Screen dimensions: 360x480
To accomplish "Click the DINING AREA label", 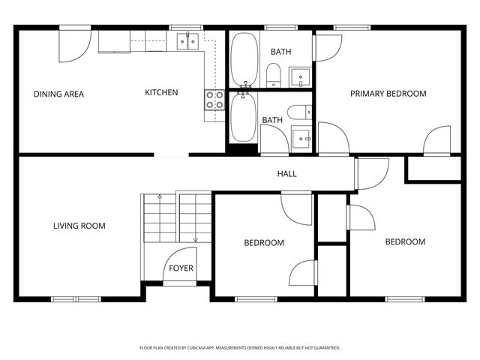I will coord(58,94).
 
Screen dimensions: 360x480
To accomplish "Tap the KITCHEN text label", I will coord(161,93).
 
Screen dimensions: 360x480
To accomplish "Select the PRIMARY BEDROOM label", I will coord(388,94).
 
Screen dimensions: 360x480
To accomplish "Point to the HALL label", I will coord(286,174).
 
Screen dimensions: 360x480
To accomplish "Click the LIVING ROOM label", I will coord(79,226).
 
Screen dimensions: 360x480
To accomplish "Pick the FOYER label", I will coord(180,268).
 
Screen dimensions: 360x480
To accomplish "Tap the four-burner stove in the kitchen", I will coord(214,100).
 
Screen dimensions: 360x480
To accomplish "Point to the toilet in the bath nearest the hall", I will coord(298,112).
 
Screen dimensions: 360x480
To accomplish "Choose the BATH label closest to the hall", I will coord(271,120).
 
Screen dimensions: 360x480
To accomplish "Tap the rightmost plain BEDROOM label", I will coord(405,241).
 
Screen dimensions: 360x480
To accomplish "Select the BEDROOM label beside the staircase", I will coord(264,243).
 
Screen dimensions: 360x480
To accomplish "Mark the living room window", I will coord(76,299).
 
